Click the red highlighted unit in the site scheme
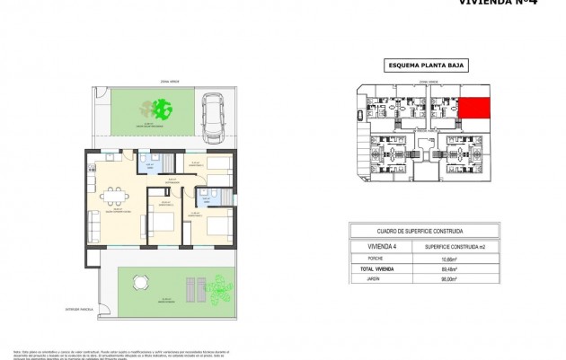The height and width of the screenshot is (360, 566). click(475, 109)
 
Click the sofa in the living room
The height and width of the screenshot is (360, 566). click(93, 221)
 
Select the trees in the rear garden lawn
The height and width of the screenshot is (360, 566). click(162, 110)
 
